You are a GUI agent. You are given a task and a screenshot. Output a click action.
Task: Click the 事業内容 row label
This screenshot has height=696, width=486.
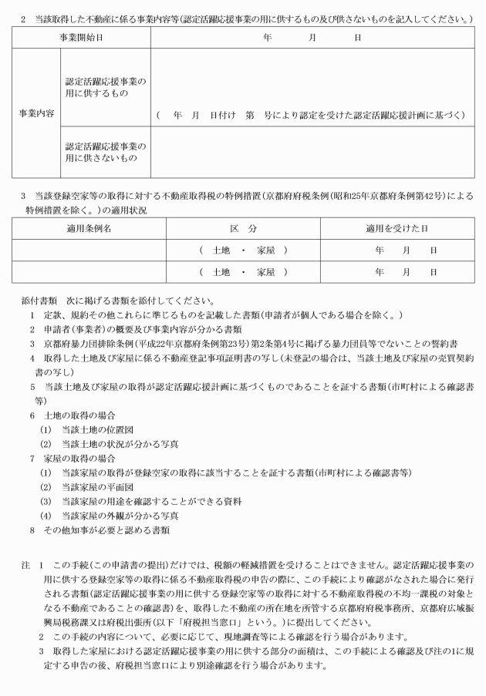pyautogui.click(x=36, y=113)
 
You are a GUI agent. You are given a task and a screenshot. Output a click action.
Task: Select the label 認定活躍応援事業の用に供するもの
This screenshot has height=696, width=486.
pyautogui.click(x=105, y=87)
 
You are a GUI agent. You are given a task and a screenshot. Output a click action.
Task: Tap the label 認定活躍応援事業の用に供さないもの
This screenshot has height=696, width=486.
pyautogui.click(x=105, y=152)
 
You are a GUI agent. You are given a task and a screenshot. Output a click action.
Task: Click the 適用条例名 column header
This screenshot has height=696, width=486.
pyautogui.click(x=89, y=229)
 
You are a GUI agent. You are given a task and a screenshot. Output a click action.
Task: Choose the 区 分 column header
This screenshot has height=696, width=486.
pyautogui.click(x=243, y=229)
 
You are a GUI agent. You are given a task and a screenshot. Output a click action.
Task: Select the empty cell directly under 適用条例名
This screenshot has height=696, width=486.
pyautogui.click(x=89, y=250)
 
